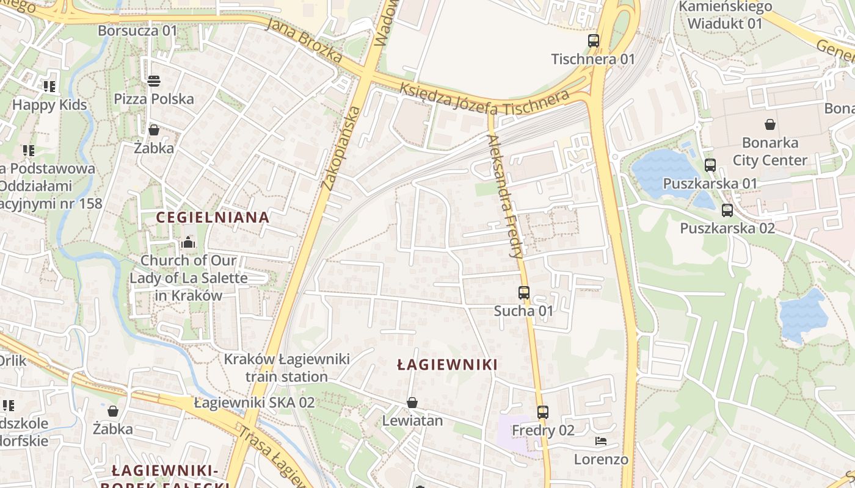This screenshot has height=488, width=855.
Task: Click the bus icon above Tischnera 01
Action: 593,41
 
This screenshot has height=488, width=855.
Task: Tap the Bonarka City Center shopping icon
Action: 770,124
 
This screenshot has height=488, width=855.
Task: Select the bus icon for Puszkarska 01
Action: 710,165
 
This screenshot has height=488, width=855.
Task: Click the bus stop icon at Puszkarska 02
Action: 727,210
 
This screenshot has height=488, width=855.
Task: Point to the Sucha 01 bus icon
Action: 523,293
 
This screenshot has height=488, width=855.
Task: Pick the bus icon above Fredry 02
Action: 542,412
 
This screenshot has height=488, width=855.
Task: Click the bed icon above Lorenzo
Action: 601,441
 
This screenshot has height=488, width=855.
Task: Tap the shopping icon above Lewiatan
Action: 412,403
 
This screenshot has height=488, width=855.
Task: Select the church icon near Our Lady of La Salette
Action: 187,243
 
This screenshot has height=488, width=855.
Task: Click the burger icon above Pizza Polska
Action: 153,81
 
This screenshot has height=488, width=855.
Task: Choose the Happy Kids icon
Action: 49,87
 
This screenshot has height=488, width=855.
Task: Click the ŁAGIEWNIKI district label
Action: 447,365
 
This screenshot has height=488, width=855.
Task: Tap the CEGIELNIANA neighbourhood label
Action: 213,217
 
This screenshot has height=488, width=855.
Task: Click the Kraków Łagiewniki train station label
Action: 286,367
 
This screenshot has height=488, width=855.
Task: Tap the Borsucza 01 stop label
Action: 137,30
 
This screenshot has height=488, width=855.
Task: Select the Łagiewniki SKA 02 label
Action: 254,403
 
